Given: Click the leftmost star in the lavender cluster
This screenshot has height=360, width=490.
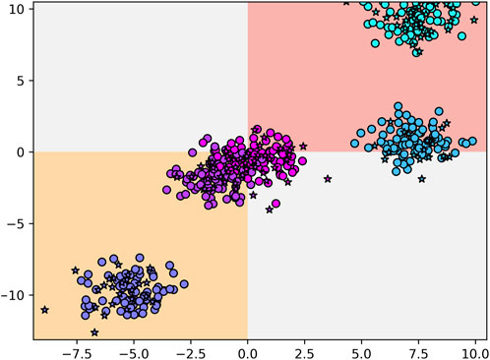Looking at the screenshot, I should pos(44,309).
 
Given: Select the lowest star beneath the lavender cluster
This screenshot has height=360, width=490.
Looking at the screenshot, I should pos(94,332).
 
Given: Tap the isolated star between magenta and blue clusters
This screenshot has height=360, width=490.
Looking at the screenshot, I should pos(328,179).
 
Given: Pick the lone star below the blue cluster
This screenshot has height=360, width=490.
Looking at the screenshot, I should pos(422,179).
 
